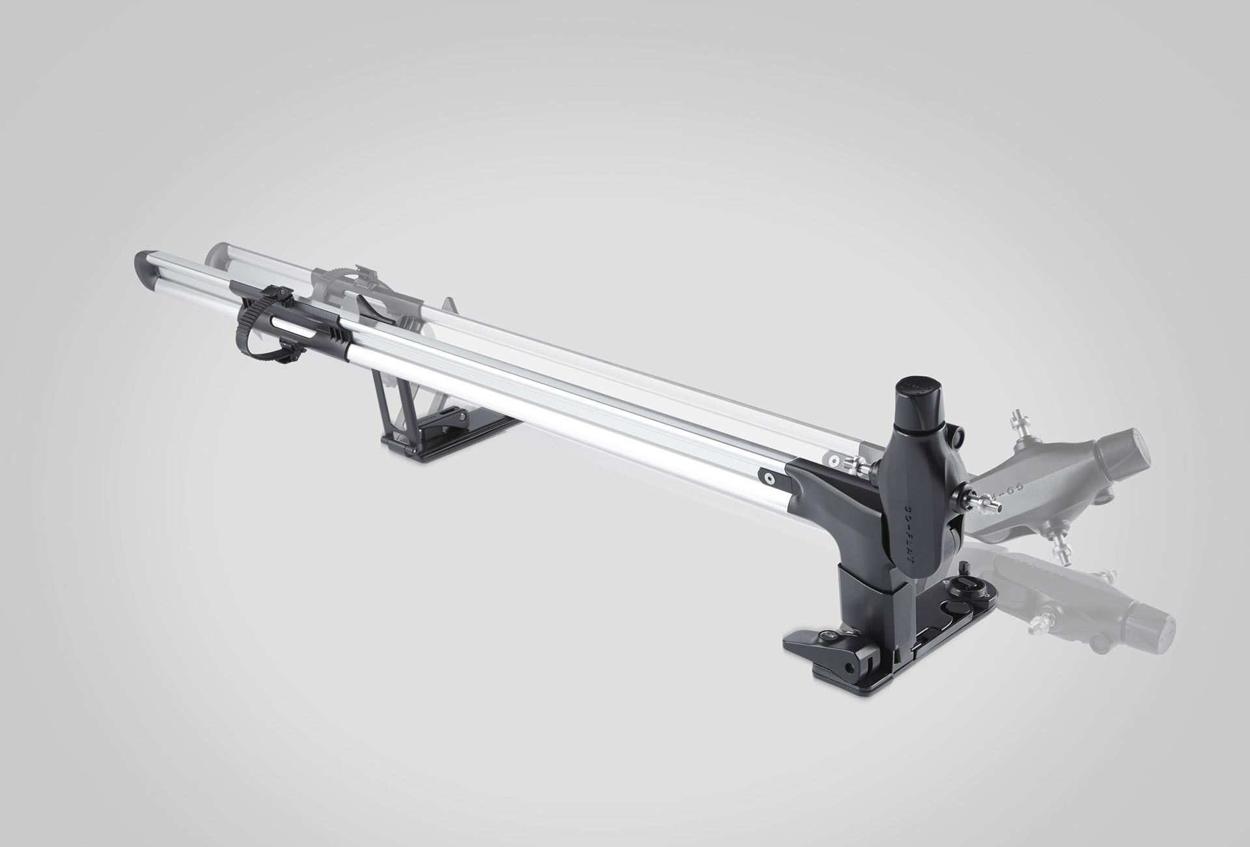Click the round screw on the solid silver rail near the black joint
(770, 477)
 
